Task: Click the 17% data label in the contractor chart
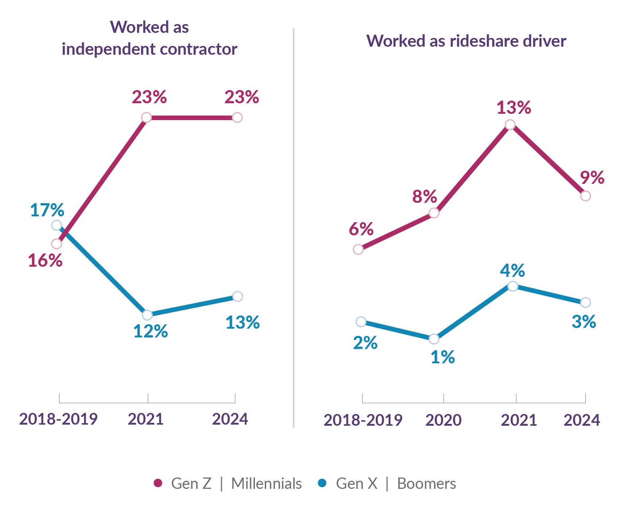pyautogui.click(x=47, y=210)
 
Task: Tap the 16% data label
pyautogui.click(x=45, y=260)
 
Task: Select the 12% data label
pyautogui.click(x=150, y=331)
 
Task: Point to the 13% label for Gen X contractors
pyautogui.click(x=243, y=322)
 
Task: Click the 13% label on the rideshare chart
pyautogui.click(x=514, y=108)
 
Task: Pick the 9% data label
pyautogui.click(x=592, y=178)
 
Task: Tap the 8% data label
pyautogui.click(x=425, y=197)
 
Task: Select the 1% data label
pyautogui.click(x=442, y=357)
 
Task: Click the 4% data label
pyautogui.click(x=512, y=271)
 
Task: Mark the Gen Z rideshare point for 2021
pyautogui.click(x=510, y=125)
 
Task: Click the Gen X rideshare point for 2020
pyautogui.click(x=434, y=339)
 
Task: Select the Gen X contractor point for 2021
pyautogui.click(x=147, y=315)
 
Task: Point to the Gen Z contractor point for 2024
pyautogui.click(x=237, y=117)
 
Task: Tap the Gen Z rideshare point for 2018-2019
pyautogui.click(x=358, y=250)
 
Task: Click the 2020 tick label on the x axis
pyautogui.click(x=443, y=420)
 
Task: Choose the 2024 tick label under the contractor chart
pyautogui.click(x=230, y=419)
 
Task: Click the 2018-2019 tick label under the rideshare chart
pyautogui.click(x=363, y=420)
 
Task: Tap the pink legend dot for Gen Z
pyautogui.click(x=158, y=483)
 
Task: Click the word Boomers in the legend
pyautogui.click(x=426, y=484)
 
